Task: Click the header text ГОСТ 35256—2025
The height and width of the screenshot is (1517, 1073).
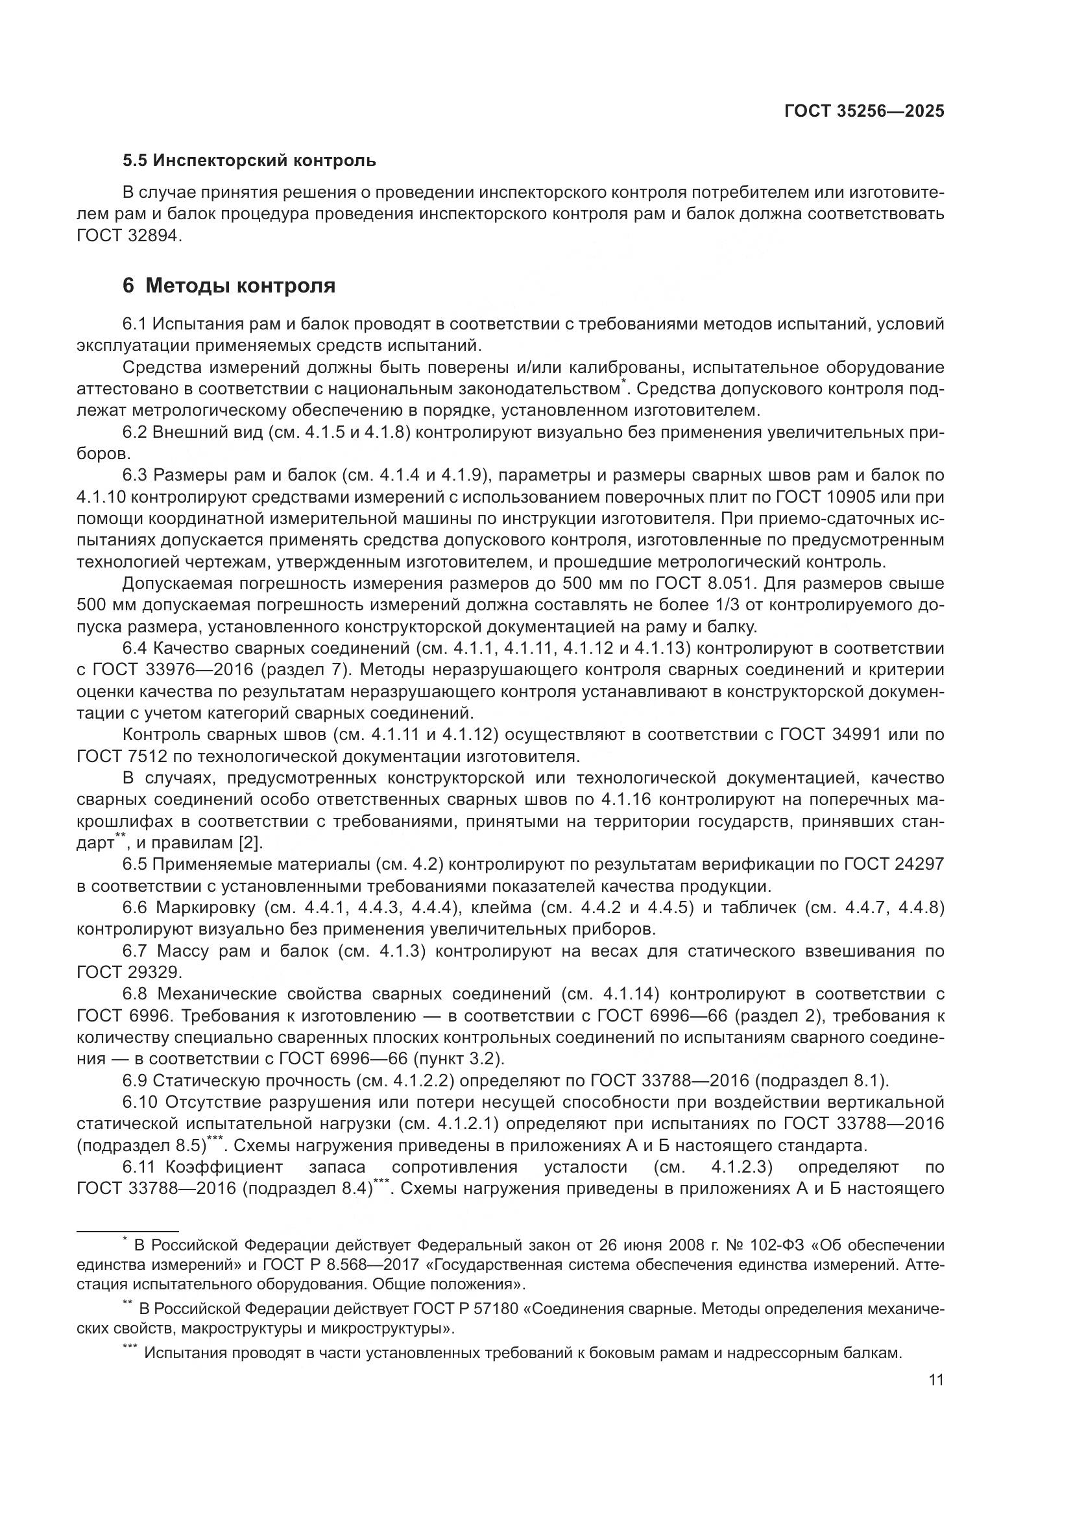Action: point(863,111)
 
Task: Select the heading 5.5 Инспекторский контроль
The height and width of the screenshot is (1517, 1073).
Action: point(249,160)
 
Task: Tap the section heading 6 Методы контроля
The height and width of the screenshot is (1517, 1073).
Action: point(228,285)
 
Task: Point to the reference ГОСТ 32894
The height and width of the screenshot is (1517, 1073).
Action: point(128,236)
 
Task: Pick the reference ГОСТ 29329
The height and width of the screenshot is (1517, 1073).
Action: point(128,973)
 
